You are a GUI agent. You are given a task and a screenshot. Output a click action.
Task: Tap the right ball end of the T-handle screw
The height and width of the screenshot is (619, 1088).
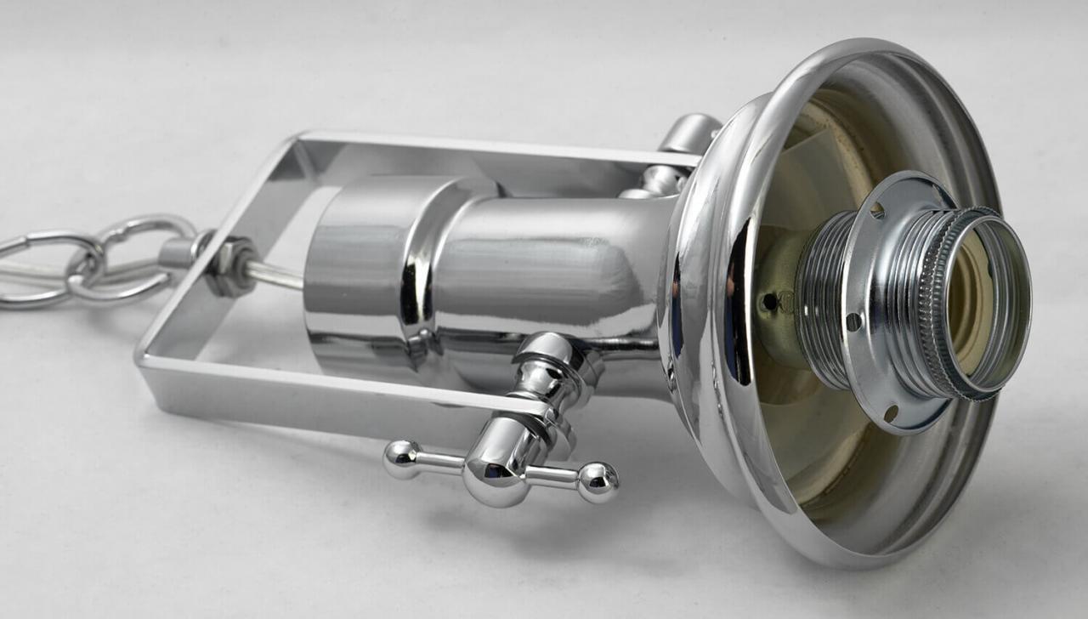click(598, 480)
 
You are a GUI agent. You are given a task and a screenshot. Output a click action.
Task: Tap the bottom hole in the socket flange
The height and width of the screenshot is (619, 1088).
click(890, 413)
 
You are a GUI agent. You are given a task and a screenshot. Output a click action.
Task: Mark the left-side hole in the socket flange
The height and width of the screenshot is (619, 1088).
click(853, 322)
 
